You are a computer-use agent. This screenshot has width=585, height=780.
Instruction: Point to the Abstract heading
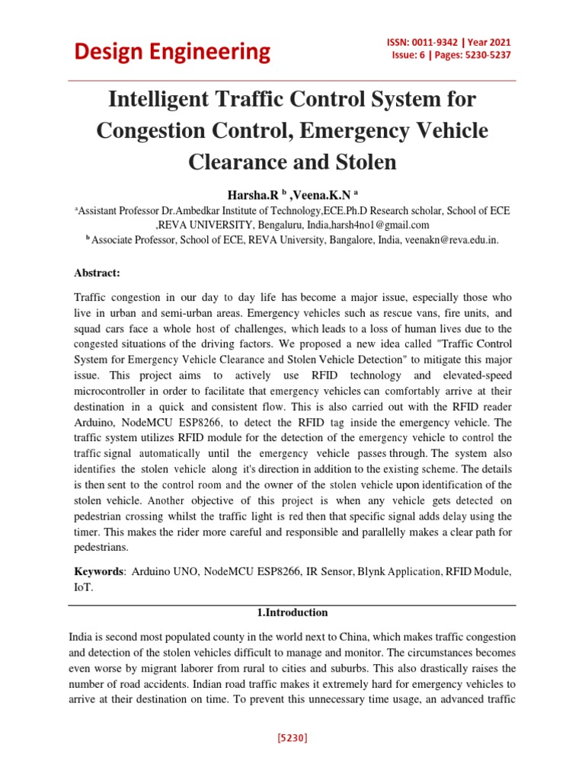coord(97,273)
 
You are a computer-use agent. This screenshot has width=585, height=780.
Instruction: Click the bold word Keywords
coord(97,571)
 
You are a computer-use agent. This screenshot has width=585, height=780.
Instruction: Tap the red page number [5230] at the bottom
coord(292,738)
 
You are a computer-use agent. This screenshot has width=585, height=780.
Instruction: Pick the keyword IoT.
coord(82,587)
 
